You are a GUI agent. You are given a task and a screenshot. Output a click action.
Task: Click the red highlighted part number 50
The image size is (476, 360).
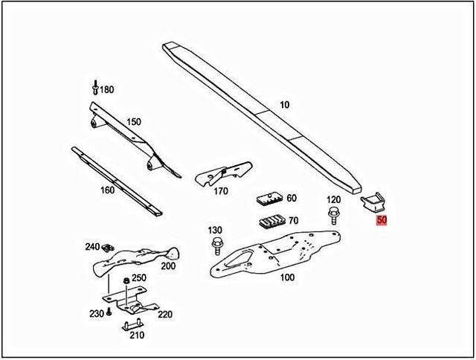pos(382,220)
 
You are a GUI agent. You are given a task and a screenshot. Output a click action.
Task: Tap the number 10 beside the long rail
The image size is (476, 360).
pos(285,104)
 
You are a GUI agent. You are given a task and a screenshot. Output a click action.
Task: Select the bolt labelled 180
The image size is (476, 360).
pos(95,88)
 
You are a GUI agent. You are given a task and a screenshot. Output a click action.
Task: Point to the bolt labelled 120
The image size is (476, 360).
pos(332,216)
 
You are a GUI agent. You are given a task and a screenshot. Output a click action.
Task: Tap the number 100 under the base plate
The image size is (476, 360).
pos(287,277)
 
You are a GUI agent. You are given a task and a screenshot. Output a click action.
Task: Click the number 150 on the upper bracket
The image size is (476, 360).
pos(133,121)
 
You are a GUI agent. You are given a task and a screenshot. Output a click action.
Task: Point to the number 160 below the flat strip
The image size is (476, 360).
pos(107,190)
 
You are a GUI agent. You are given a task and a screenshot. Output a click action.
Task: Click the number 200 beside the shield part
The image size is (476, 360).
pos(168,266)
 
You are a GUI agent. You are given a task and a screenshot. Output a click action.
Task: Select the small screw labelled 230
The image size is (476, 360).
pos(109,313)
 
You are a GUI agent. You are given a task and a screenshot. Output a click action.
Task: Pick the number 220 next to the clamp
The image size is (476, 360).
pos(164,314)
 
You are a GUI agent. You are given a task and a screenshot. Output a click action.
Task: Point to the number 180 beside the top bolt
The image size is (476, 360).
pos(108,90)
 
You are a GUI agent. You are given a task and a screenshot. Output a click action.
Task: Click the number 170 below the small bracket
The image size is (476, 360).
pos(220,191)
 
